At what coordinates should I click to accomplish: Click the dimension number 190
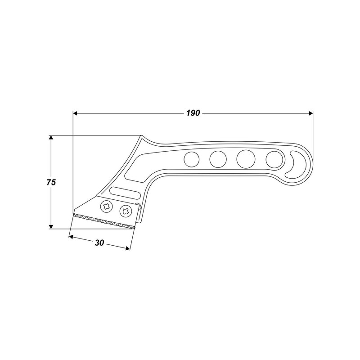[x=192, y=113]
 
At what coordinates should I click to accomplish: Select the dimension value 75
[x=51, y=182]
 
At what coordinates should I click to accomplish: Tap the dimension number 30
[x=99, y=243]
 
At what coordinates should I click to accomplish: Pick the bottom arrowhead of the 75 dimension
[x=51, y=226]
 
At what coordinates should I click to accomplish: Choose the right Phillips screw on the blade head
[x=125, y=210]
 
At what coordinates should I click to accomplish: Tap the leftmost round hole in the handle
[x=191, y=158]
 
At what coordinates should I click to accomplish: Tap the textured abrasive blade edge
[x=103, y=220]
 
